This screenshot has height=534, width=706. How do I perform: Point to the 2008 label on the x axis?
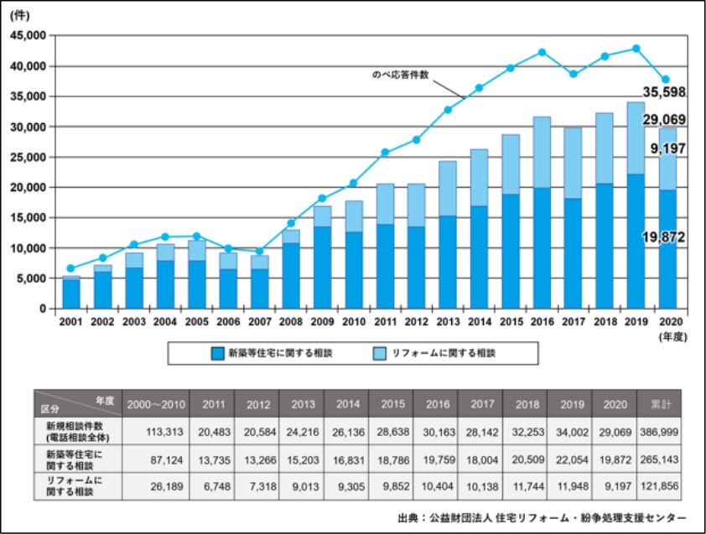(x=292, y=321)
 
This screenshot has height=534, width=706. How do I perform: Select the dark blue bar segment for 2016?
(x=543, y=248)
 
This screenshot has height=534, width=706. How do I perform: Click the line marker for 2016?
(x=542, y=52)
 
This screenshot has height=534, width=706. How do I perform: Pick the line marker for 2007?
(x=260, y=251)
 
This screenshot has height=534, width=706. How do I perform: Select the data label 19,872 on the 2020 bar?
(x=662, y=238)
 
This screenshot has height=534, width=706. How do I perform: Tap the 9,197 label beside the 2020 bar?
(x=666, y=149)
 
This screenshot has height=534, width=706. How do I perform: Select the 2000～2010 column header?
(x=155, y=404)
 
